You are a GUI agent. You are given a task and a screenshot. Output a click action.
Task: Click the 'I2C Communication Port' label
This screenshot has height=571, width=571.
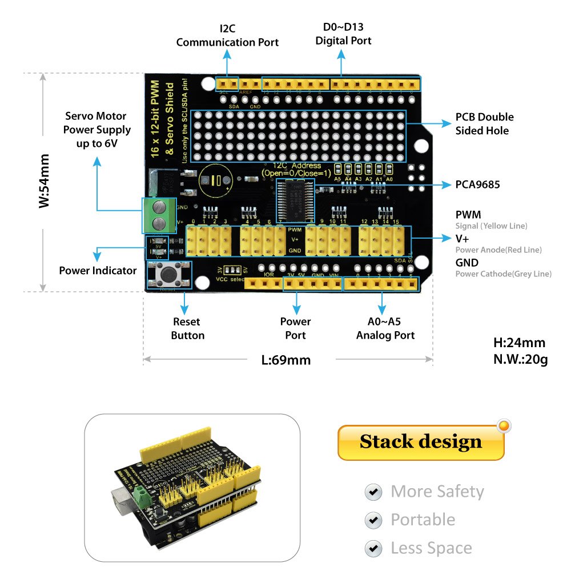pyautogui.click(x=227, y=35)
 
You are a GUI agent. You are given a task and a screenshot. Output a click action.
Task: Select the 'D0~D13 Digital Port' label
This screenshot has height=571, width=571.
pyautogui.click(x=343, y=34)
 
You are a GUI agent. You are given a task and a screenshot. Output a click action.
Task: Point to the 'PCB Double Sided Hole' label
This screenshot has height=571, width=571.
pyautogui.click(x=484, y=124)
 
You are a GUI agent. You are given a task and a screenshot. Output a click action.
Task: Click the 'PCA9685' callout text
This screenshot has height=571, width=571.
pyautogui.click(x=477, y=184)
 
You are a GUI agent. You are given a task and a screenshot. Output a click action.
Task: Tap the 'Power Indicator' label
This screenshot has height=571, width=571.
pyautogui.click(x=98, y=270)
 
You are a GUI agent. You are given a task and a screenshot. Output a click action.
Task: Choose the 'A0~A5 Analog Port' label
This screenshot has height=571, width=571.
pyautogui.click(x=385, y=328)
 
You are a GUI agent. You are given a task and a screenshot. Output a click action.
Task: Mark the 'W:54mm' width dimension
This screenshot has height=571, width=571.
pyautogui.click(x=45, y=181)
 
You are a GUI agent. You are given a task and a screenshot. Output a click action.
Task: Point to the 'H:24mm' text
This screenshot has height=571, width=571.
pyautogui.click(x=519, y=343)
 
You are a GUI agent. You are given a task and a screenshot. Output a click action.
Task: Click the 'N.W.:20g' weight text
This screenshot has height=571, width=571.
pyautogui.click(x=520, y=360)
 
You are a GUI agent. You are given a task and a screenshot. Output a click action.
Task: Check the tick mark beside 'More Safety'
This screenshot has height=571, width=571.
pyautogui.click(x=373, y=492)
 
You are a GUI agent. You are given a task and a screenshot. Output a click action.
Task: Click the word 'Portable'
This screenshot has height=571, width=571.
pyautogui.click(x=423, y=520)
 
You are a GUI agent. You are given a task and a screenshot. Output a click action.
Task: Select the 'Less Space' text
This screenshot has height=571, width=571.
pyautogui.click(x=431, y=548)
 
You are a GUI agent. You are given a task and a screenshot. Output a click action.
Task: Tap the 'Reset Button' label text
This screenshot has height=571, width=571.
pyautogui.click(x=187, y=328)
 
